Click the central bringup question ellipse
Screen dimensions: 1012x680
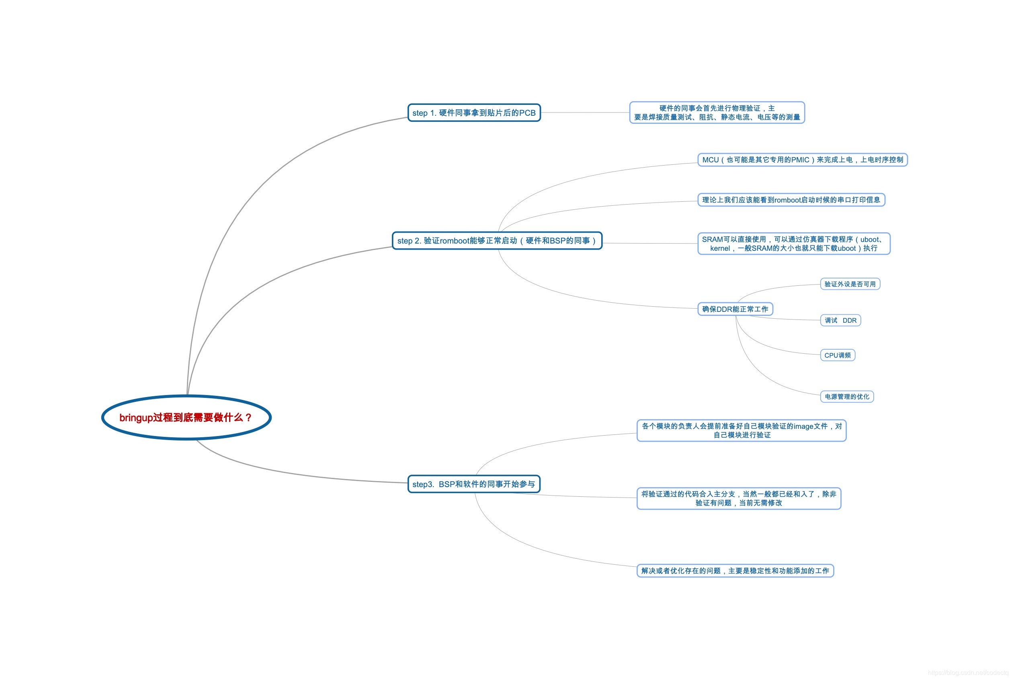[x=186, y=417]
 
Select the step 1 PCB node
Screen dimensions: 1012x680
[x=474, y=113]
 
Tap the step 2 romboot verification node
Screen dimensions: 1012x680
[x=497, y=241]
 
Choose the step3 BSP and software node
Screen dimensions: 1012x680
[x=474, y=484]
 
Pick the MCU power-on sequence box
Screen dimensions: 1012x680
[x=802, y=160]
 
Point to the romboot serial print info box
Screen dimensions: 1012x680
[x=791, y=200]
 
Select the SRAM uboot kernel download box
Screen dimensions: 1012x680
[x=793, y=244]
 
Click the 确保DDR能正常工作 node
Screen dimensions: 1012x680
[x=735, y=309]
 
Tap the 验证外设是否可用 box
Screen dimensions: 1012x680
[x=850, y=284]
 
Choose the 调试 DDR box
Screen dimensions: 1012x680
[x=840, y=320]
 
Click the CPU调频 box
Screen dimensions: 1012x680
[x=837, y=355]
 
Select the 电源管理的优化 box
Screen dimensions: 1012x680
[x=847, y=396]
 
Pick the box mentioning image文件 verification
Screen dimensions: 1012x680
[x=742, y=431]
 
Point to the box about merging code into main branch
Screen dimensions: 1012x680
[x=738, y=498]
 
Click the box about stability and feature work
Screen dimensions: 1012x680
[x=735, y=571]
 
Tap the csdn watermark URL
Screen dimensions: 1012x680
[x=968, y=673]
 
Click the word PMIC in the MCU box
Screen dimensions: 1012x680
[x=800, y=160]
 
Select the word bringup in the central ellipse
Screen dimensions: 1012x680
[x=136, y=418]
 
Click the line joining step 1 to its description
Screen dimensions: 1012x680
[x=585, y=113]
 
